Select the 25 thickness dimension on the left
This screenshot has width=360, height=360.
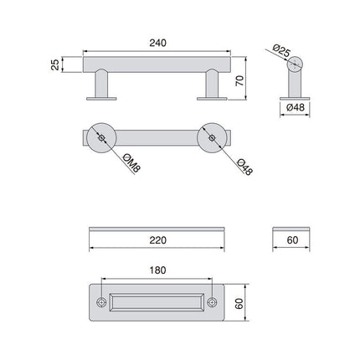click(55, 64)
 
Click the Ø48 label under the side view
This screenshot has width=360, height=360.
click(295, 108)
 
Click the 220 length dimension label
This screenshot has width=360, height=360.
click(156, 240)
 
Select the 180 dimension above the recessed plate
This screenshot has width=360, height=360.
click(157, 270)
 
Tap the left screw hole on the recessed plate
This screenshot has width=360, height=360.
click(101, 302)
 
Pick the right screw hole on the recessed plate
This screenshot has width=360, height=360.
click(213, 302)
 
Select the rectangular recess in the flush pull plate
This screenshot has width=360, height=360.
click(157, 302)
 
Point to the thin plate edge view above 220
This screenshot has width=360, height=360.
click(157, 228)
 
